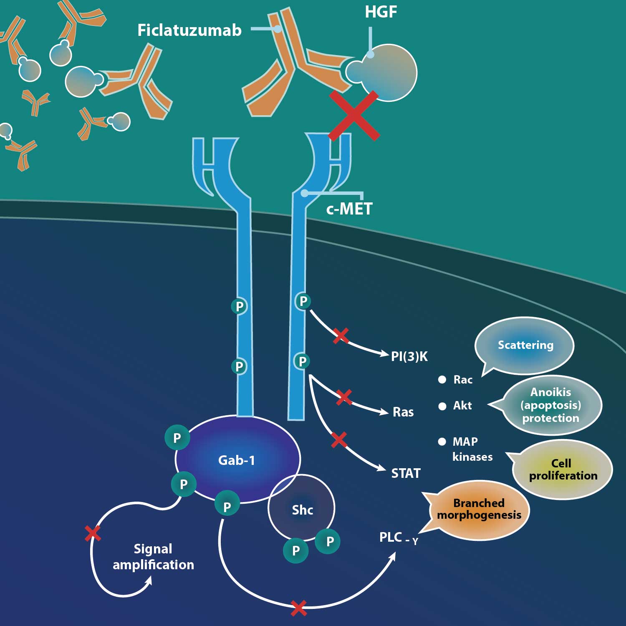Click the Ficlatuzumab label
[189, 30]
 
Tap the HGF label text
[381, 12]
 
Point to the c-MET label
[349, 209]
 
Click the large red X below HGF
[354, 116]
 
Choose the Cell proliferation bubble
[562, 469]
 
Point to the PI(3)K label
[409, 356]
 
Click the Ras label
[403, 412]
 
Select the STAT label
[406, 473]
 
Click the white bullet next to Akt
[442, 406]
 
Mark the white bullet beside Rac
[442, 379]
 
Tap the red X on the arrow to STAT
[339, 440]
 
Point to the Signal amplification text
[153, 557]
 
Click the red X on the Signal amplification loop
[93, 533]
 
